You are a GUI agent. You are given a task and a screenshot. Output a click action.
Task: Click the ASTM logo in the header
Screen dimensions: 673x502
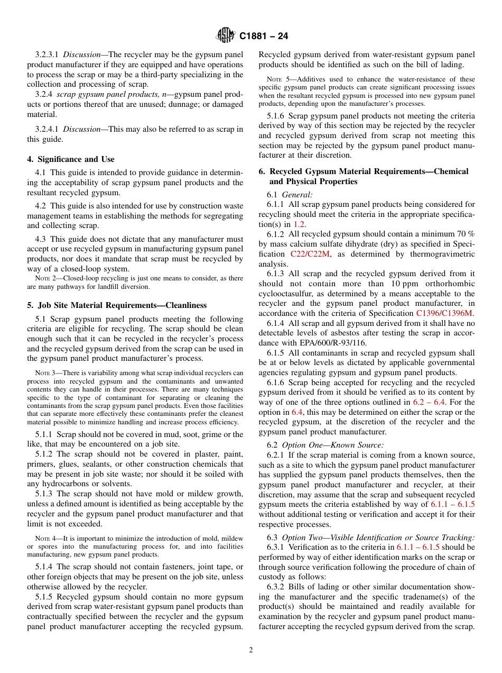point(226,36)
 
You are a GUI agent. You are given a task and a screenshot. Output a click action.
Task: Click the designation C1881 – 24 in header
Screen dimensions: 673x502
point(264,37)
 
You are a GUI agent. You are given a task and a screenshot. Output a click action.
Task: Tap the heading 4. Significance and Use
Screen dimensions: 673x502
point(71,159)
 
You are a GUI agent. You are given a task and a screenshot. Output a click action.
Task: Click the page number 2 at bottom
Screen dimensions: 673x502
point(250,650)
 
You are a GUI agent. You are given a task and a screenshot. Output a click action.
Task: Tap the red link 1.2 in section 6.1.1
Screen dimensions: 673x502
point(299,224)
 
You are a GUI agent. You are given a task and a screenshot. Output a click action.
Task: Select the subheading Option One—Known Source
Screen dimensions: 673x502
point(333,445)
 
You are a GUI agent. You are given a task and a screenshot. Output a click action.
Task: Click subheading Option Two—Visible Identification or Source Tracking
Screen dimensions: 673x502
point(378,538)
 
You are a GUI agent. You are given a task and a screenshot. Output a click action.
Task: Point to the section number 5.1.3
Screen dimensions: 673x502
point(44,494)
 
